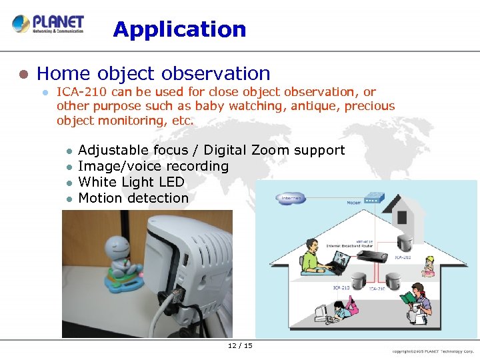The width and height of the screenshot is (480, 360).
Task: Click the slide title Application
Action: [x=179, y=29]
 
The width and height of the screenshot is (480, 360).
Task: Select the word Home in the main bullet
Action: [x=58, y=73]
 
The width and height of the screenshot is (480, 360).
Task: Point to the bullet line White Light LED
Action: [x=131, y=182]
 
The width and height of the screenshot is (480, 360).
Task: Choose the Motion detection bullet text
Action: [x=133, y=198]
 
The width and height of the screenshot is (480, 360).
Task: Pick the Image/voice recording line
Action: [x=153, y=166]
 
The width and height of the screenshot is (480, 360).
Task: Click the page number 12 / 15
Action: [x=240, y=345]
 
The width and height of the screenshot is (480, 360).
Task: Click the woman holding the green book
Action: [x=415, y=300]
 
